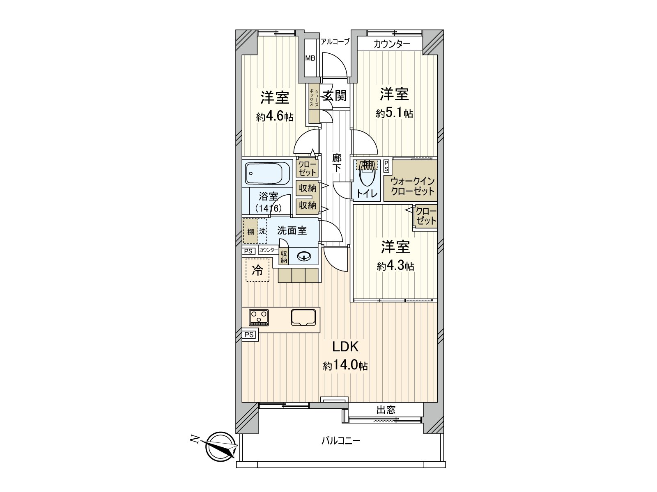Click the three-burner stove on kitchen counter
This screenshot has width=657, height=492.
click(259, 317)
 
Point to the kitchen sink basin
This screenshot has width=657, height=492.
click(304, 317)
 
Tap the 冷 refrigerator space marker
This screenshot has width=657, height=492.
click(257, 270)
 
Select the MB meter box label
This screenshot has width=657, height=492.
click(310, 58)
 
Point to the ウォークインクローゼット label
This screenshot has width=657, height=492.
click(412, 186)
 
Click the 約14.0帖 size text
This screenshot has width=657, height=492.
click(345, 366)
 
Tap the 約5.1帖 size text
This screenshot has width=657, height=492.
click(394, 114)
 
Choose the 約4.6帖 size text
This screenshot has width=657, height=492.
click(275, 117)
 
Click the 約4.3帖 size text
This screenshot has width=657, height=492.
click(395, 266)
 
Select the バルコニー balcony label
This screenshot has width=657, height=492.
click(340, 441)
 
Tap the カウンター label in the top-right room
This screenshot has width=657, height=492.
click(392, 44)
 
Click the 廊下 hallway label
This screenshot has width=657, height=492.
click(336, 162)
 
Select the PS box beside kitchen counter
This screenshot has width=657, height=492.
click(249, 335)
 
